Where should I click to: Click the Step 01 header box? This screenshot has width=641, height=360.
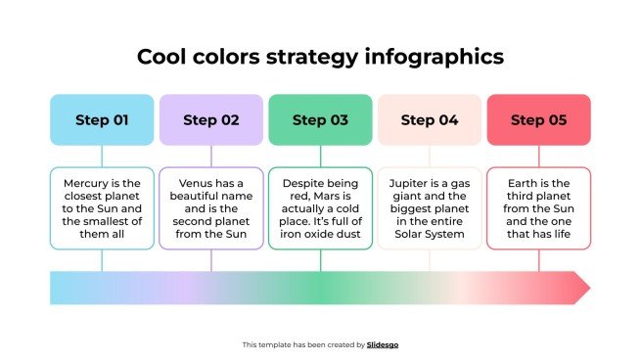(x=102, y=120)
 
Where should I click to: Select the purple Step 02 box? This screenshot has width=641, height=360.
(x=211, y=120)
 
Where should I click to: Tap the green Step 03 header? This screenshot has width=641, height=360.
(x=320, y=120)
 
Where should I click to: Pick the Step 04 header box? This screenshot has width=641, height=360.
(x=430, y=120)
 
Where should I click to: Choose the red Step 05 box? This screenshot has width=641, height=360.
(x=538, y=120)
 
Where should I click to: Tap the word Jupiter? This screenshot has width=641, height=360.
(x=410, y=183)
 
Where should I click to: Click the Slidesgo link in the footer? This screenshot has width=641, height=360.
(x=383, y=344)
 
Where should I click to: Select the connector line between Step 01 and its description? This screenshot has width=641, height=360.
(x=102, y=157)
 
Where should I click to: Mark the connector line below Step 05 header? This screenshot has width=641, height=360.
(x=538, y=157)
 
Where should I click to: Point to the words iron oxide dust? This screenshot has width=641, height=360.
(x=320, y=234)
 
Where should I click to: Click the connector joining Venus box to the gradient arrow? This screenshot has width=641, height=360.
(x=211, y=260)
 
